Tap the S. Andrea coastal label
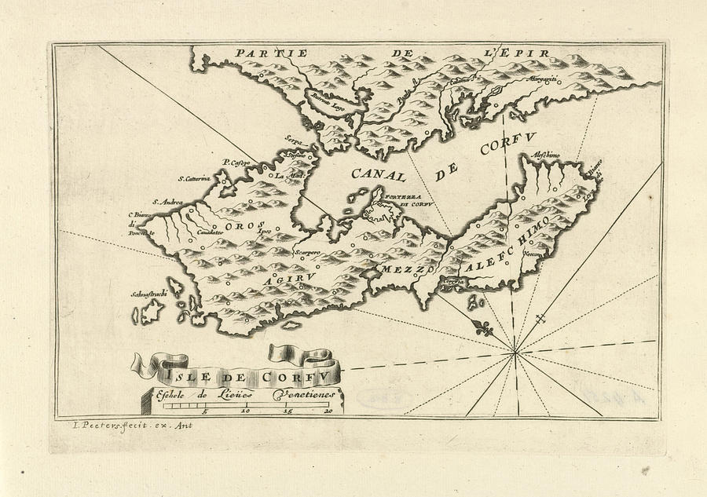point(167,202)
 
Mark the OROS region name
point(240,226)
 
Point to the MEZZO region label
point(403,270)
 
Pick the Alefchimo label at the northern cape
point(546,155)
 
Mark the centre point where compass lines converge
point(515,354)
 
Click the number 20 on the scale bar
point(329,411)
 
